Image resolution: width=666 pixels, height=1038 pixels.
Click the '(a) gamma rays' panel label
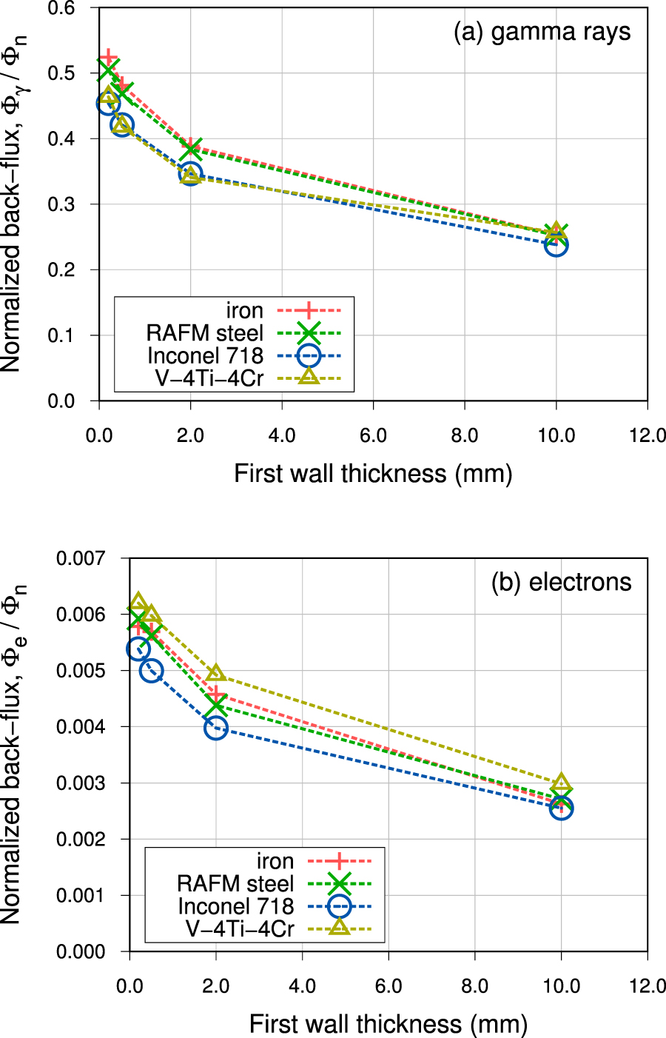pos(542,32)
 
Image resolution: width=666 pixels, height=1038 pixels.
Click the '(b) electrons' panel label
pos(561,582)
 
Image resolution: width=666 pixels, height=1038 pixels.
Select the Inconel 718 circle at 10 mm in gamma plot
pos(556,245)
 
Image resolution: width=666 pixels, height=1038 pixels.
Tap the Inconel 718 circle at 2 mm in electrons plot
pos(215,728)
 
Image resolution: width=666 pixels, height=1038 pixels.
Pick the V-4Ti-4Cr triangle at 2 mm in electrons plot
pos(215,673)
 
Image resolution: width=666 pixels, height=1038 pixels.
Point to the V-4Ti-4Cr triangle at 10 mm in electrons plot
pos(561,783)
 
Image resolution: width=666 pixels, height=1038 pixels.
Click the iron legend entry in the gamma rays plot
pos(244,310)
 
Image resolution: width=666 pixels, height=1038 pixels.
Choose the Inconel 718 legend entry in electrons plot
pos(235,906)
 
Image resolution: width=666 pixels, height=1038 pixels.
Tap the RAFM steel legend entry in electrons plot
pos(235,883)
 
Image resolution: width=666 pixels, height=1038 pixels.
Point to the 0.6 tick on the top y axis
pos(60,8)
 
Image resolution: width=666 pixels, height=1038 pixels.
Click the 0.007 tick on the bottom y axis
pos(81,557)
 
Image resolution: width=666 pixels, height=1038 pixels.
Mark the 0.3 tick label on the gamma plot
pos(60,204)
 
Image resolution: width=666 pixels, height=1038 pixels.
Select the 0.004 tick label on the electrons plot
pos(81,727)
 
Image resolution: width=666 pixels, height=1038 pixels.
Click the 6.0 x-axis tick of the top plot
pos(373,435)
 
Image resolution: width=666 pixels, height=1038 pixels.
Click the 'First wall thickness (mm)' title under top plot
pos(373,473)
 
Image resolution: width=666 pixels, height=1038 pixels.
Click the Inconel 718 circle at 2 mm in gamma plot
pos(191,175)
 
